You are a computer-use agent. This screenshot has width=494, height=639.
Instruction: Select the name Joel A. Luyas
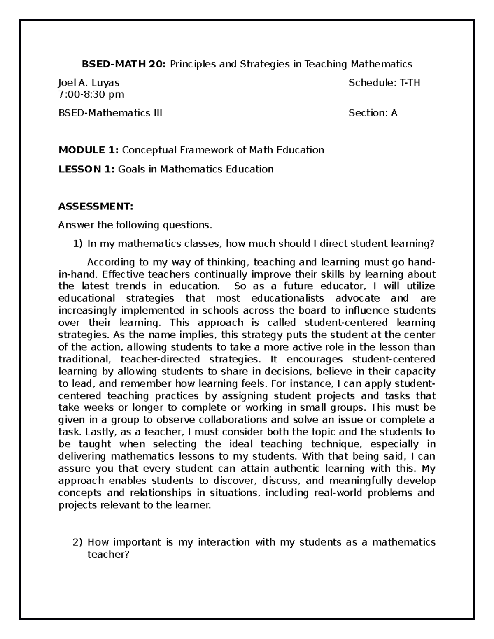click(89, 83)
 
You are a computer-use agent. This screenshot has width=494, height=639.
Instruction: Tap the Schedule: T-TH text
click(384, 83)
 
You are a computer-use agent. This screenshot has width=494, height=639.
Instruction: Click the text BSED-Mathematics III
click(110, 113)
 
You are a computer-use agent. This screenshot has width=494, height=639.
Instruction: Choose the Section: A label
click(373, 113)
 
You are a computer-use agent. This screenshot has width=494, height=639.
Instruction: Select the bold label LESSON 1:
click(87, 169)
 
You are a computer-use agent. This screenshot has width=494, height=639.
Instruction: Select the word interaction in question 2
click(224, 542)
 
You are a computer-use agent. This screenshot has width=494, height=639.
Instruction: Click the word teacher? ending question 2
click(108, 555)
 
